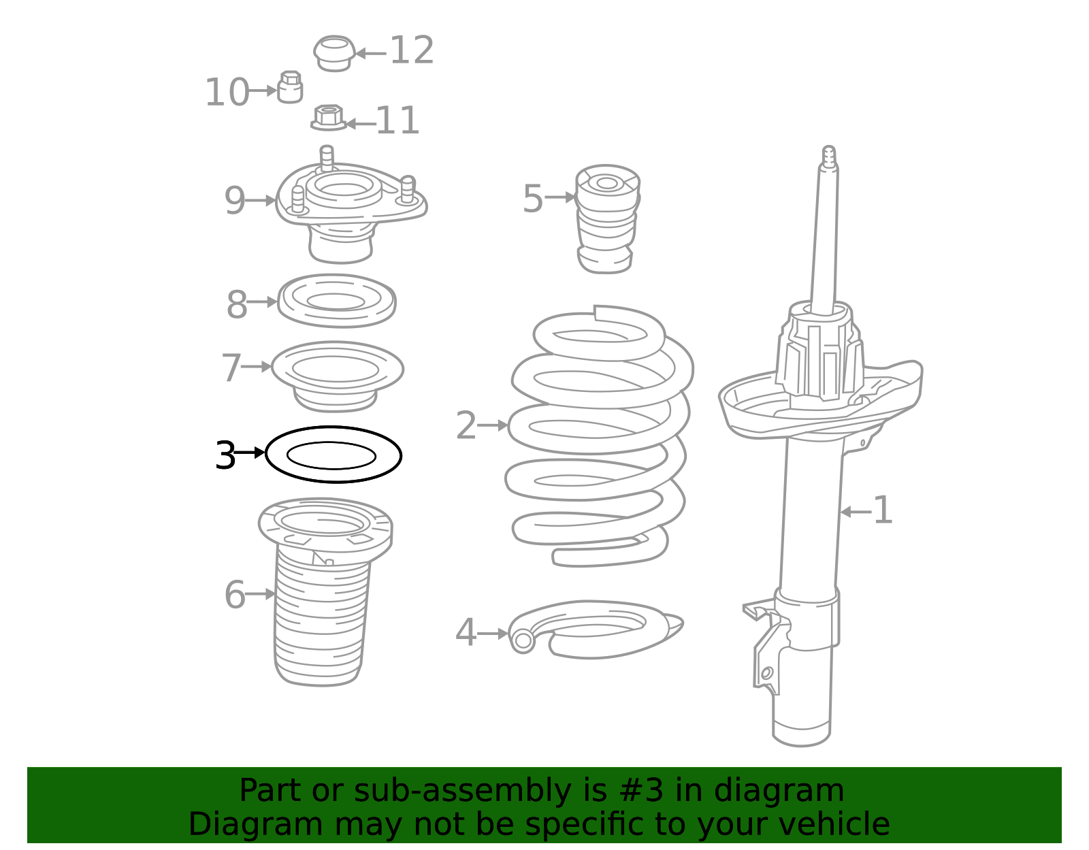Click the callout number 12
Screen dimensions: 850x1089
point(412,51)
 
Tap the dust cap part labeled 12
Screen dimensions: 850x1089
point(334,53)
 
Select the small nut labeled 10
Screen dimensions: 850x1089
point(290,88)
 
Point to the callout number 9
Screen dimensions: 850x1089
point(235,201)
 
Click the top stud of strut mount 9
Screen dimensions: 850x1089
point(327,157)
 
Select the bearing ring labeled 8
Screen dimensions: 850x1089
point(336,301)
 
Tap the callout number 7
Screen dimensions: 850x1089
point(231,367)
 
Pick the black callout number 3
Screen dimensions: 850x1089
point(225,455)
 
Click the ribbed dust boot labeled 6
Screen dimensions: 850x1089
point(321,612)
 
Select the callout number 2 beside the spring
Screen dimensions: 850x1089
point(466,425)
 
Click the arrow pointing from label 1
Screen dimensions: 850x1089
point(856,511)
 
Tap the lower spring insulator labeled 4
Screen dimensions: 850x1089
point(596,630)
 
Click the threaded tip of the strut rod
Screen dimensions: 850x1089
point(828,154)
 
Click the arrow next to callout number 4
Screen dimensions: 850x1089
point(492,634)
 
